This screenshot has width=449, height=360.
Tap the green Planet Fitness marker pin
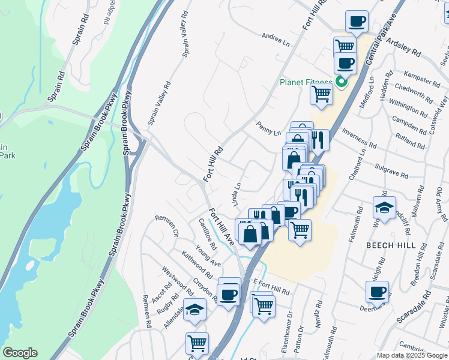pyautogui.click(x=341, y=82)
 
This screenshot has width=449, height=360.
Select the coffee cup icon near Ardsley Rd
pyautogui.click(x=357, y=22)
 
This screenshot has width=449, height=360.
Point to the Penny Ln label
pyautogui.click(x=268, y=129)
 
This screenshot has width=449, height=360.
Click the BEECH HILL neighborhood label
pyautogui.click(x=388, y=245)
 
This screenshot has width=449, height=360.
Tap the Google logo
pyautogui.click(x=20, y=353)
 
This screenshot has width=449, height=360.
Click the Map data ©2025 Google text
pyautogui.click(x=412, y=355)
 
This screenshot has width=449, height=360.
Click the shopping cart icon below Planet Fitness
pyautogui.click(x=322, y=93)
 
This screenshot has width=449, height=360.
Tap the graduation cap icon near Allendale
pyautogui.click(x=194, y=310)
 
